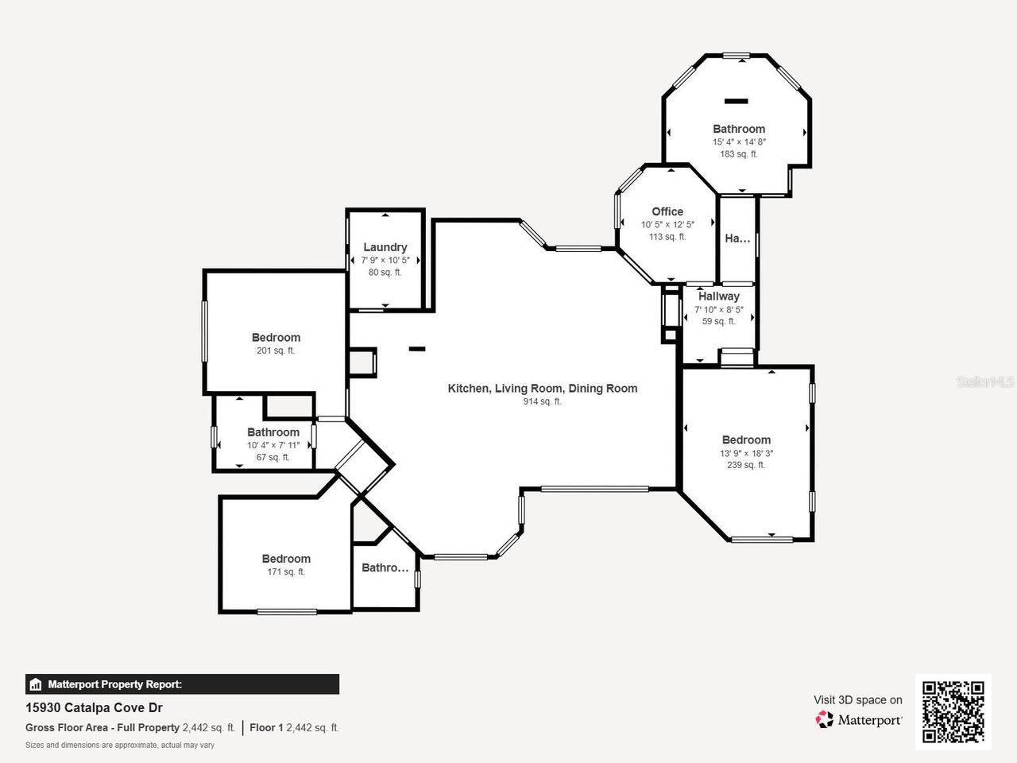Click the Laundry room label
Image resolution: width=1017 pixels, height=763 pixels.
tap(385, 247)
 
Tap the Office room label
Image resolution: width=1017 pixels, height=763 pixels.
tap(667, 211)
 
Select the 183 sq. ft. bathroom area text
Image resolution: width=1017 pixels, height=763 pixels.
tap(739, 154)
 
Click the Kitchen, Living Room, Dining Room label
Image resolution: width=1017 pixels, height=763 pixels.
tap(542, 388)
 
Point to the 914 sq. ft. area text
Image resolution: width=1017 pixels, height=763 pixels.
tap(542, 401)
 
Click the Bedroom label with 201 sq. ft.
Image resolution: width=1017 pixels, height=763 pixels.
tap(276, 337)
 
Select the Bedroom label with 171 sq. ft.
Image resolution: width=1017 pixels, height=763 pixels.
tap(286, 559)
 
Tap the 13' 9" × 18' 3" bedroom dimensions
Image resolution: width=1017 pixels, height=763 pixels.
tap(746, 453)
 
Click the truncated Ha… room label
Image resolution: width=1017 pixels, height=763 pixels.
tap(737, 238)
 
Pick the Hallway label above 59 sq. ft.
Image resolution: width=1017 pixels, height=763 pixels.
tap(718, 296)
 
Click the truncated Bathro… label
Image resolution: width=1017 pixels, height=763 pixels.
tap(385, 567)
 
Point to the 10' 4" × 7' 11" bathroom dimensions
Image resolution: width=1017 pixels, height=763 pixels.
tap(273, 445)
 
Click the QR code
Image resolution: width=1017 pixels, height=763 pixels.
tap(953, 711)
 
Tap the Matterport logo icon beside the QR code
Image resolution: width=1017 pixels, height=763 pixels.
tap(825, 720)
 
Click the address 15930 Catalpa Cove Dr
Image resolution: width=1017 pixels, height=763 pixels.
tap(94, 707)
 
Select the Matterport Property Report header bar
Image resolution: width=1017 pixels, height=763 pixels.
tap(182, 684)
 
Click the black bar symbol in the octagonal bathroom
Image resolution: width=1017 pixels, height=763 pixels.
tap(736, 101)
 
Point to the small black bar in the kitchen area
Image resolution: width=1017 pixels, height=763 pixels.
tap(416, 349)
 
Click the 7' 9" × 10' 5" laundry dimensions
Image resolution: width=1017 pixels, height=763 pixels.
tap(385, 260)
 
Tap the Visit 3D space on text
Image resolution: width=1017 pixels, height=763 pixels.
tap(857, 699)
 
